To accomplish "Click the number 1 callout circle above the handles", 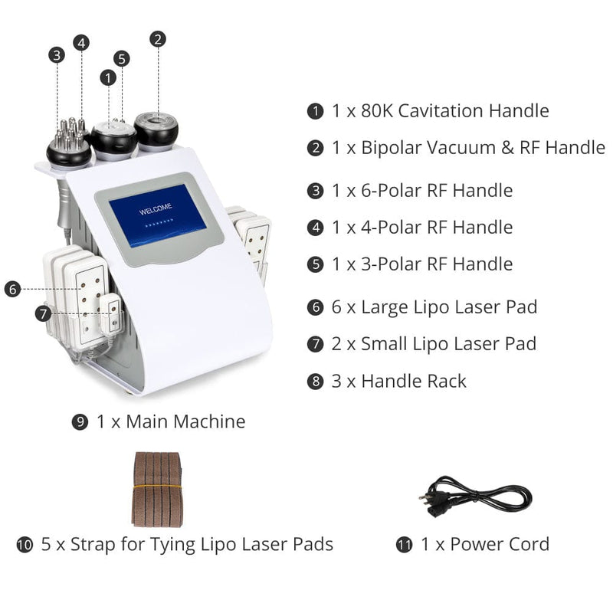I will [x=108, y=77].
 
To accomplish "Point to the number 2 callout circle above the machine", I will [x=158, y=38].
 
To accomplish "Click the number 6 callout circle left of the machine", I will [x=11, y=289].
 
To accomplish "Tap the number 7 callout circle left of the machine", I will [x=44, y=313].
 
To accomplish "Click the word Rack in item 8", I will [x=444, y=380].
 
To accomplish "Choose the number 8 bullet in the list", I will [x=314, y=381].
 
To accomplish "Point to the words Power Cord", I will [x=499, y=544].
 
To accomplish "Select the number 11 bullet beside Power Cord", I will [x=404, y=545].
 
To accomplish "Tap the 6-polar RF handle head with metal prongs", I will [x=69, y=142].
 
